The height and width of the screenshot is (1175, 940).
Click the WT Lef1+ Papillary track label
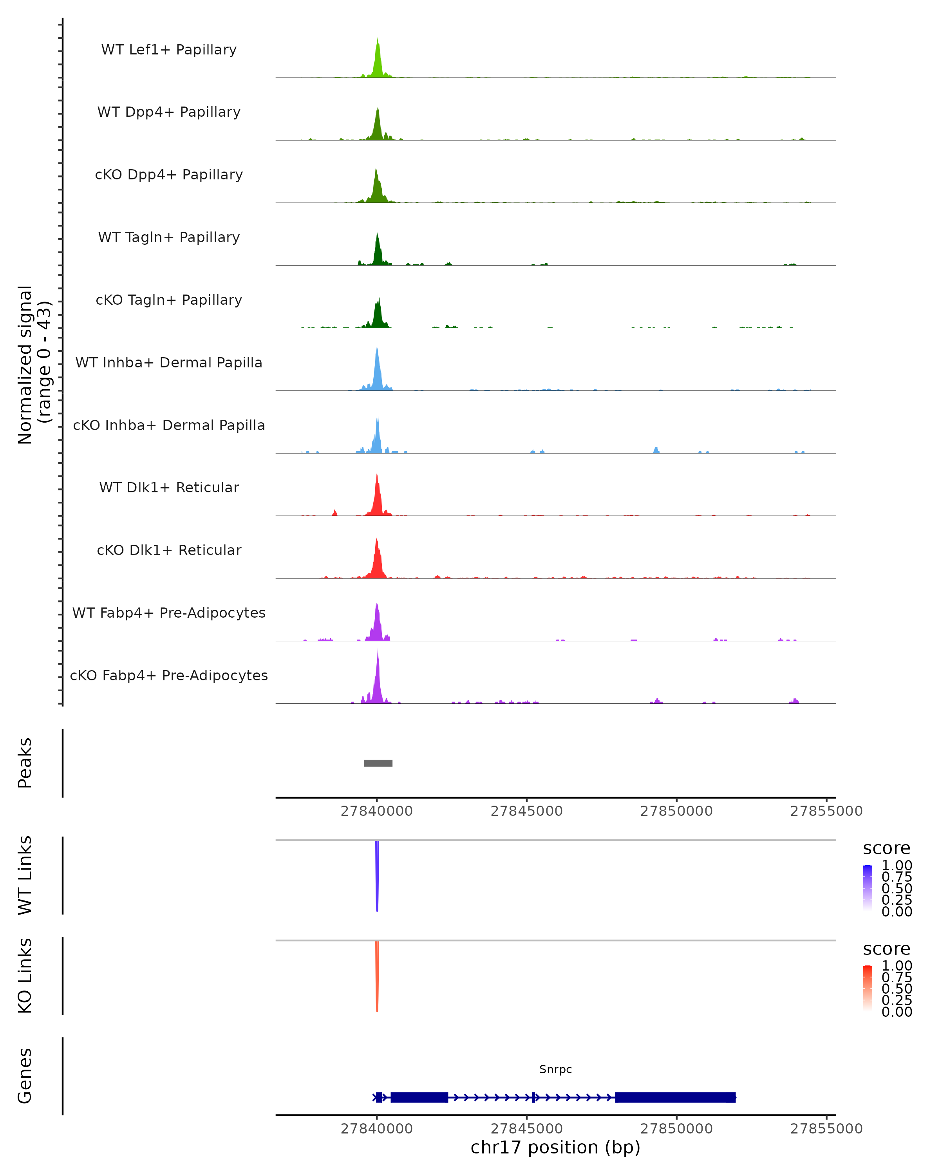click(x=169, y=50)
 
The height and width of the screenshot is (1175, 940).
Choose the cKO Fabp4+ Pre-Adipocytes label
click(x=169, y=675)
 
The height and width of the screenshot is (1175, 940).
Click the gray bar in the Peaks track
click(x=378, y=763)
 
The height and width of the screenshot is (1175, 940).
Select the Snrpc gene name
click(x=555, y=1069)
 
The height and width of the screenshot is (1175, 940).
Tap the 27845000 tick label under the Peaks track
click(x=526, y=811)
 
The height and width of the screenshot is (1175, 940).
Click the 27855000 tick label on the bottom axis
click(x=826, y=1129)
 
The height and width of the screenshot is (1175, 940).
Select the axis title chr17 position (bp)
click(x=555, y=1147)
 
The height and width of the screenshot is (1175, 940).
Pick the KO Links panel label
click(x=25, y=976)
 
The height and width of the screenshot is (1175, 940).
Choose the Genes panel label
click(x=25, y=1076)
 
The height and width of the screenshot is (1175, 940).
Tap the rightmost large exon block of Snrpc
click(x=675, y=1097)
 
